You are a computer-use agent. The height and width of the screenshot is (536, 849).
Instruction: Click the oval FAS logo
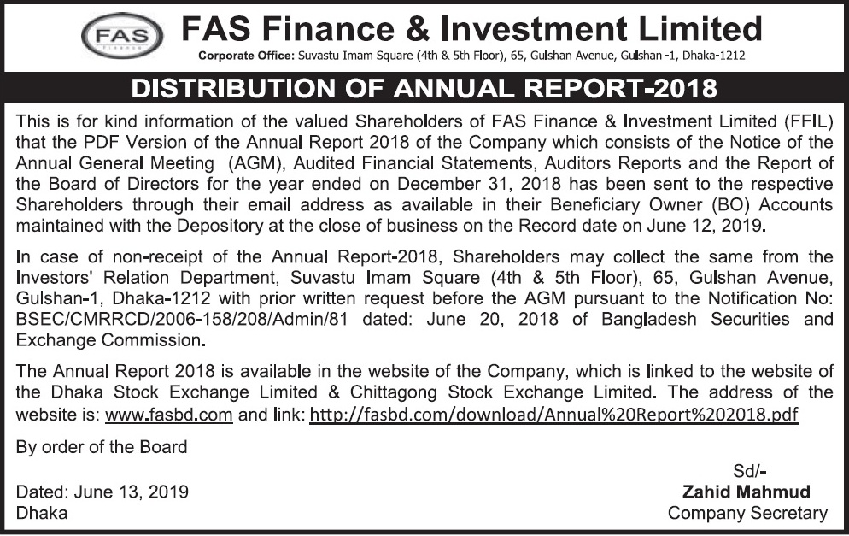point(121,37)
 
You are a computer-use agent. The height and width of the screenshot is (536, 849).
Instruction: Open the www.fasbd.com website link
point(168,415)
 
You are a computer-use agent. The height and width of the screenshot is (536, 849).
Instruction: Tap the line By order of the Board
point(102,447)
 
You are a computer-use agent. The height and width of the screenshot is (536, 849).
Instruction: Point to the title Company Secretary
point(747,513)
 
